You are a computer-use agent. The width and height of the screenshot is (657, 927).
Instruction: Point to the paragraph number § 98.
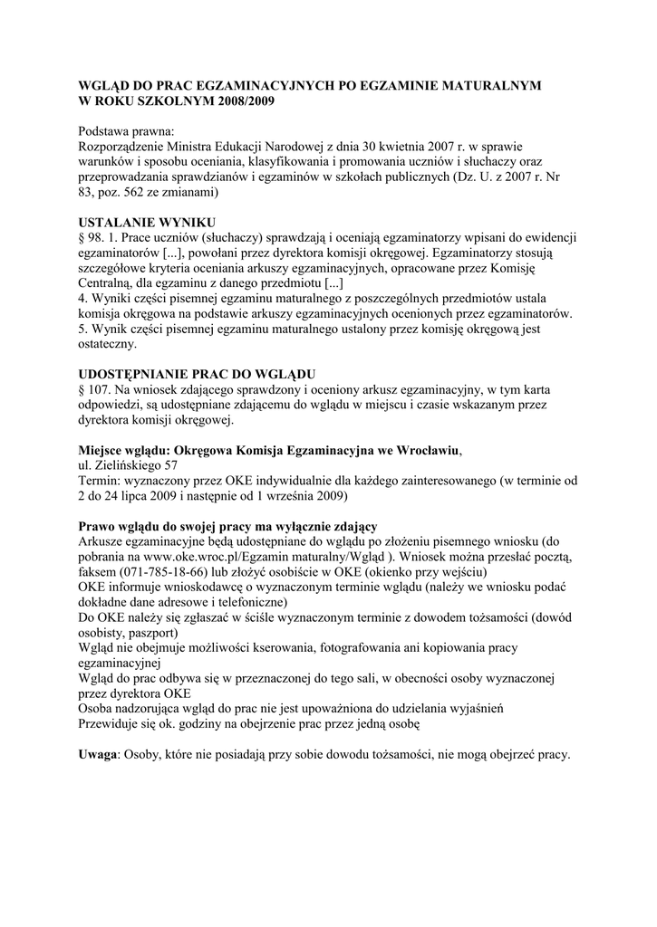pyautogui.click(x=94, y=237)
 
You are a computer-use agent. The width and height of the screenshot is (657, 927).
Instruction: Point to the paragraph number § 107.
pyautogui.click(x=98, y=388)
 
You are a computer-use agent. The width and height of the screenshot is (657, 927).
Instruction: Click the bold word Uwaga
pyautogui.click(x=98, y=755)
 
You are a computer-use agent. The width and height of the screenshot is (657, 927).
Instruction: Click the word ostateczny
pyautogui.click(x=108, y=344)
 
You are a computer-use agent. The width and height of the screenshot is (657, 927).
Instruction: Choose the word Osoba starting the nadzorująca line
pyautogui.click(x=97, y=709)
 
